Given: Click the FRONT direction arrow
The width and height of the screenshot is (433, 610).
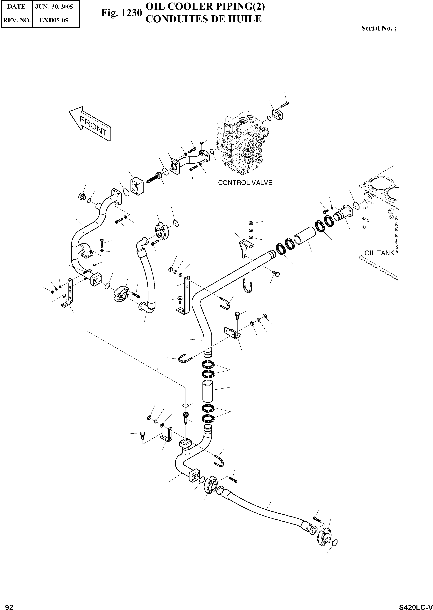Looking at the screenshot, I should coord(90,123).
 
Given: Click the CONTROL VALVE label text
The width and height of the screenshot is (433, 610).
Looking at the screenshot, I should coord(245,183).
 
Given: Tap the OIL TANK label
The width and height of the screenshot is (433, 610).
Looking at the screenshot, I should coord(379,253).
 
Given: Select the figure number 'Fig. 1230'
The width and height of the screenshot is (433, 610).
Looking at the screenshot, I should coord(121,13).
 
